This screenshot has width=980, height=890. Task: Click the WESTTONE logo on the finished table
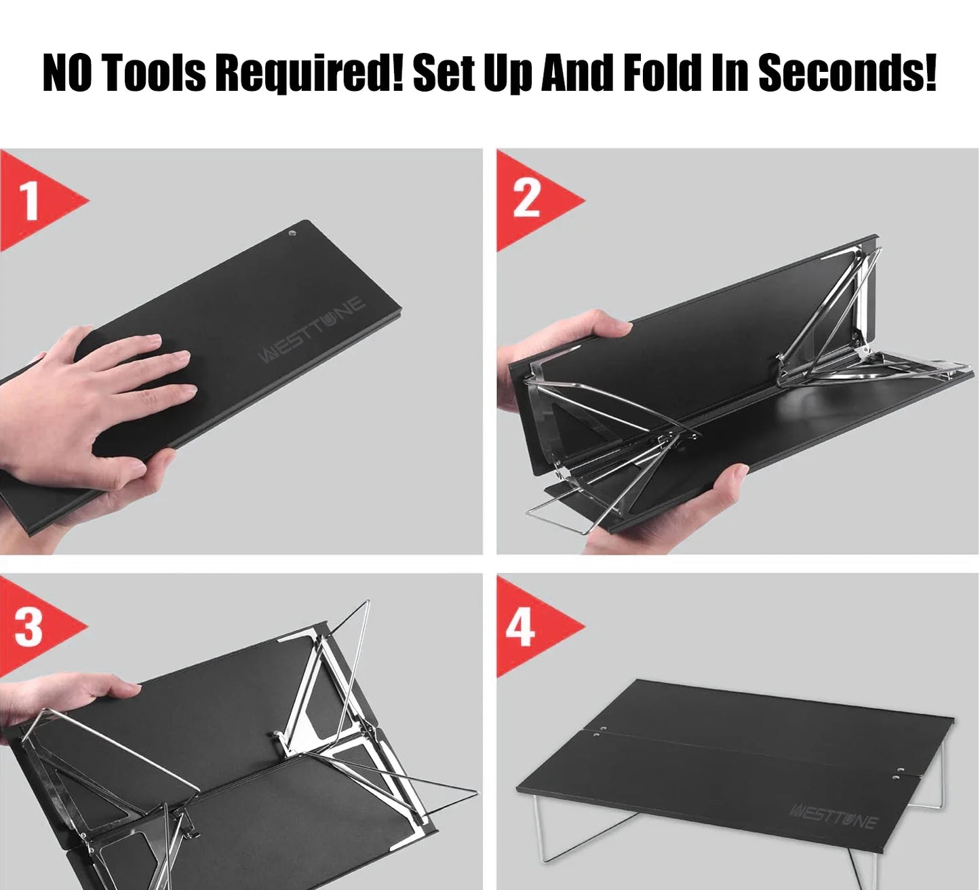click(x=834, y=816)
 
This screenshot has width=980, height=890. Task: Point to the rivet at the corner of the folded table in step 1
click(x=292, y=233)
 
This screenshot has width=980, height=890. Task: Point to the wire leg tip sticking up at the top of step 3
click(x=367, y=604)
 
